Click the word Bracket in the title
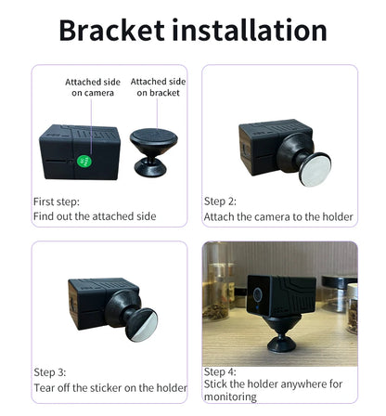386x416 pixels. [x=111, y=30]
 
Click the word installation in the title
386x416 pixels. [x=250, y=30]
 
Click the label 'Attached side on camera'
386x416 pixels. [x=93, y=87]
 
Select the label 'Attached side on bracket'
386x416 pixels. [x=158, y=87]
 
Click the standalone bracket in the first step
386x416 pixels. [x=153, y=152]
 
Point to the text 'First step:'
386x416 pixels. [x=57, y=201]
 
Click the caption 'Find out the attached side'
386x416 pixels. [x=95, y=216]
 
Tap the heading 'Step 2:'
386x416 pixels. [x=220, y=201]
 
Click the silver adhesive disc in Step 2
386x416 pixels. [x=315, y=170]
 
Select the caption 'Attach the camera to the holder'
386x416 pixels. [x=278, y=217]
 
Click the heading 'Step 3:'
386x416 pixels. [x=50, y=372]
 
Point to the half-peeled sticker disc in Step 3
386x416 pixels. [x=142, y=325]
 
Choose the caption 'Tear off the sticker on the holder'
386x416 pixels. [x=110, y=388]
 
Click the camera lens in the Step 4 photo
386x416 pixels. [x=257, y=294]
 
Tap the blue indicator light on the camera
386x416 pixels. [x=257, y=307]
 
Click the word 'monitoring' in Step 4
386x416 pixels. [x=230, y=396]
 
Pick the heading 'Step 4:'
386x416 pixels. [x=220, y=371]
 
